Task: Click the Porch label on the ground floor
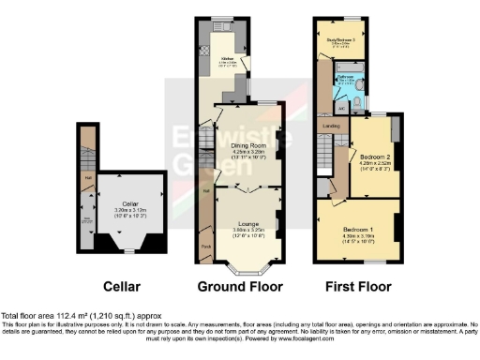[204, 247]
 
